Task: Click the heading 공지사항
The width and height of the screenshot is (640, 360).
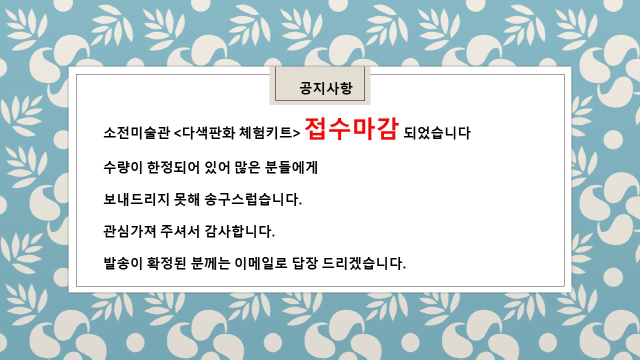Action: [325, 88]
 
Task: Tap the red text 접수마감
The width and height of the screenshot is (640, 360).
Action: [351, 129]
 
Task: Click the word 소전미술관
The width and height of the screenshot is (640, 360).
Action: [136, 132]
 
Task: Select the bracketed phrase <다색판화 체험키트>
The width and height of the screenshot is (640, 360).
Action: [237, 132]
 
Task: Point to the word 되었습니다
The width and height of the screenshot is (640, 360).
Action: [437, 133]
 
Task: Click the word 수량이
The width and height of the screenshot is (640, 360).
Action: [123, 167]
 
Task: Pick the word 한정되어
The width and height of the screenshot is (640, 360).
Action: [173, 167]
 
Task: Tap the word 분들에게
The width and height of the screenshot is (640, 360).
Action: [291, 167]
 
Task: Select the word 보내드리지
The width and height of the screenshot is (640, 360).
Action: [136, 199]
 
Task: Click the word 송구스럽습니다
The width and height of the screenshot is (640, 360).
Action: [253, 199]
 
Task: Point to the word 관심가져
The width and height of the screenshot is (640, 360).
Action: [129, 231]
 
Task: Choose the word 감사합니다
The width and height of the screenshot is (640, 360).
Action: [239, 231]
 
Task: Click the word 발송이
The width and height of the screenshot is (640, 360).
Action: [123, 263]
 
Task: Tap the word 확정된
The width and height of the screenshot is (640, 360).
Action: [166, 263]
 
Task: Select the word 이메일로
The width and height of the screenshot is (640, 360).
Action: [261, 263]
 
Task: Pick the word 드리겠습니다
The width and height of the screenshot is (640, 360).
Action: [363, 263]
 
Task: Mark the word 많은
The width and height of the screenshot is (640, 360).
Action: [247, 167]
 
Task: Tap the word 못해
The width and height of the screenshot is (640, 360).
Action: [187, 199]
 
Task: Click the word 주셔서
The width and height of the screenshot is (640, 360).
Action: [180, 231]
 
